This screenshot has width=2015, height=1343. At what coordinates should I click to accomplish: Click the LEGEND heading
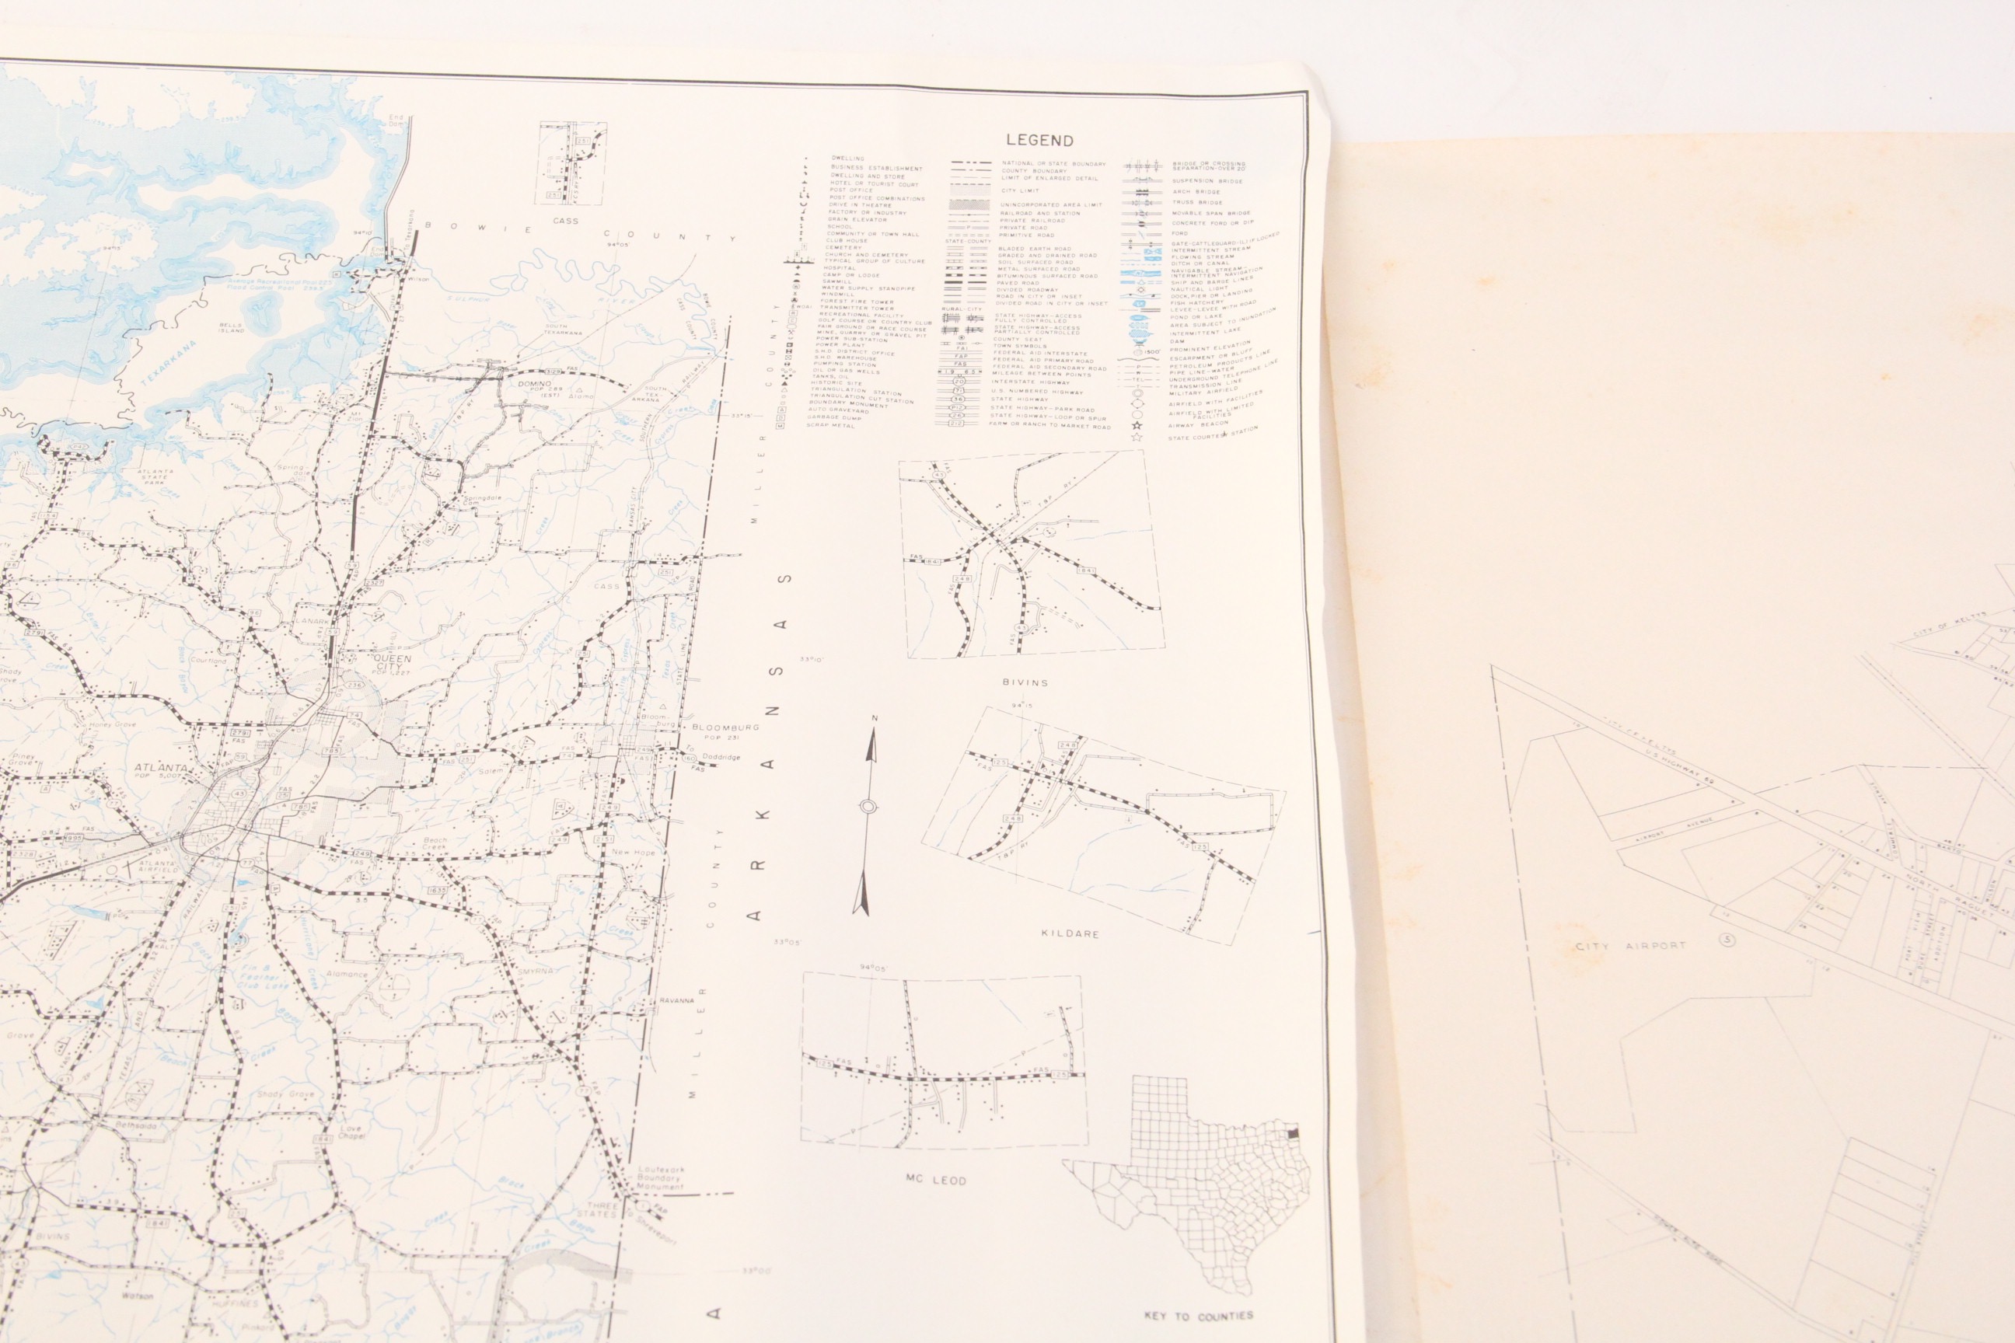click(1039, 141)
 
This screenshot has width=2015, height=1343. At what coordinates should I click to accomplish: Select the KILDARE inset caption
click(1070, 933)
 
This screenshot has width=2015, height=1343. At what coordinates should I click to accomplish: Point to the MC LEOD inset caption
click(937, 1180)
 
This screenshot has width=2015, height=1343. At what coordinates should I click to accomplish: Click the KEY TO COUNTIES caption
click(1198, 1315)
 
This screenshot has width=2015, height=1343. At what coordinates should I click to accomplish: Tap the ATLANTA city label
click(161, 769)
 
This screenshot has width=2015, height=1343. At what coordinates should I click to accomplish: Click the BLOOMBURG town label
click(725, 727)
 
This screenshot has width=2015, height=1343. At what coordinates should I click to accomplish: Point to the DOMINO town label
click(536, 384)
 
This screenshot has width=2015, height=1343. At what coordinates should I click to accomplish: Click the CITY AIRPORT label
click(1630, 947)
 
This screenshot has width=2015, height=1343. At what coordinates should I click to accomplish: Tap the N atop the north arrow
click(874, 718)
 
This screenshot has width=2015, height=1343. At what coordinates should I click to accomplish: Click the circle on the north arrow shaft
click(868, 807)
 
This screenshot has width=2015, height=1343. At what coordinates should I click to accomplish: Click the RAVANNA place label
click(676, 1000)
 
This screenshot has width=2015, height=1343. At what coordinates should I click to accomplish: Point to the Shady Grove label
click(285, 1094)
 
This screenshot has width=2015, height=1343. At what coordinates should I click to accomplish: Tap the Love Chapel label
click(351, 1132)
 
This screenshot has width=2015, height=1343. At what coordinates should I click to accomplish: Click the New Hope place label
click(633, 853)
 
